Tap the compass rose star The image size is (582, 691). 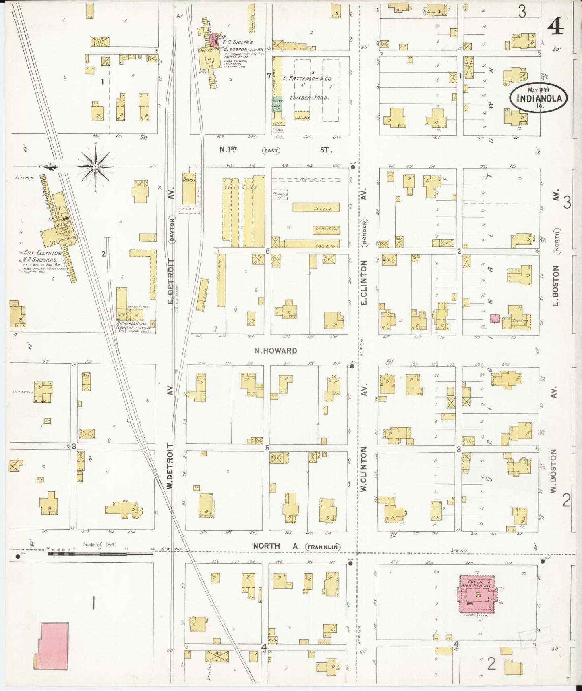[x=95, y=166]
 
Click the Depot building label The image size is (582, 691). [x=189, y=181]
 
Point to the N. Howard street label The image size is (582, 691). [x=275, y=351]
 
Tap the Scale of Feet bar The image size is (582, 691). [x=101, y=554]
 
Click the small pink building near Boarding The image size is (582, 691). [x=495, y=318]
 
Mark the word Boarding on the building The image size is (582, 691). [x=520, y=321]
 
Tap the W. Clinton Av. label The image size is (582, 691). [x=364, y=468]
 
